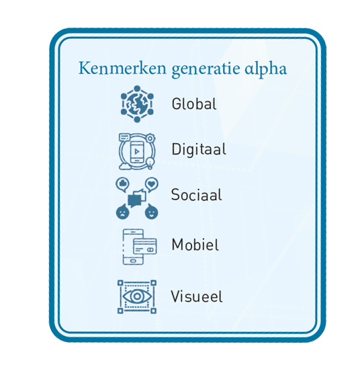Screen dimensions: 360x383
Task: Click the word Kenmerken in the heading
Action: (x=122, y=68)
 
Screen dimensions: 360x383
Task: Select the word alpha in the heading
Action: (x=266, y=69)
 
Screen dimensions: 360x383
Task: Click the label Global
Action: (x=194, y=104)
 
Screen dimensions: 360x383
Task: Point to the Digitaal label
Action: (x=199, y=150)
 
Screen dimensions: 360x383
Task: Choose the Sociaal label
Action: (x=197, y=195)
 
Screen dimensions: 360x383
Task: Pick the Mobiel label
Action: (x=195, y=245)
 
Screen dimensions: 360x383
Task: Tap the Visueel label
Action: (x=197, y=296)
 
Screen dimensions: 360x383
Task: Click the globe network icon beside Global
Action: (x=137, y=103)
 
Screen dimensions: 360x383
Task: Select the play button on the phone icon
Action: (x=137, y=152)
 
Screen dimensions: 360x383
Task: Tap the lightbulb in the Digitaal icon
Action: (x=150, y=163)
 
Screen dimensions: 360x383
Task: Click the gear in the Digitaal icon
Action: (x=150, y=138)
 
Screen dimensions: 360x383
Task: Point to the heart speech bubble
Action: (x=152, y=184)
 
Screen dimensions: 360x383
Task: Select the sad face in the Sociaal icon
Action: (x=123, y=212)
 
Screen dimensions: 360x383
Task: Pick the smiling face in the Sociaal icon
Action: (x=151, y=212)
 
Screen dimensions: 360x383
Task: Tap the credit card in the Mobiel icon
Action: (x=145, y=247)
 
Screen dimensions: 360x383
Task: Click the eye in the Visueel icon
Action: (x=137, y=296)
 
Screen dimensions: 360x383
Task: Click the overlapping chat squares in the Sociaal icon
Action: (x=137, y=198)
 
